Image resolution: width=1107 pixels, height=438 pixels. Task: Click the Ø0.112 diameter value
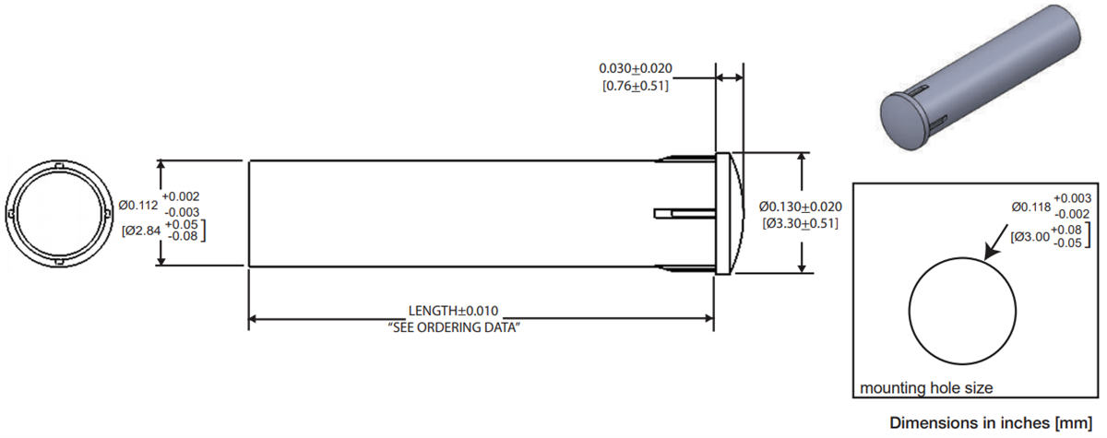138,205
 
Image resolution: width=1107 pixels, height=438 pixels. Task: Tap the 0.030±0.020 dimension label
636,69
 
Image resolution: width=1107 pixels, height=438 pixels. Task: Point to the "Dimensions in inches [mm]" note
996,423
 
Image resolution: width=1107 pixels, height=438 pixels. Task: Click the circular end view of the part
52,214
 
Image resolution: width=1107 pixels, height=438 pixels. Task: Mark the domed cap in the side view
730,214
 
